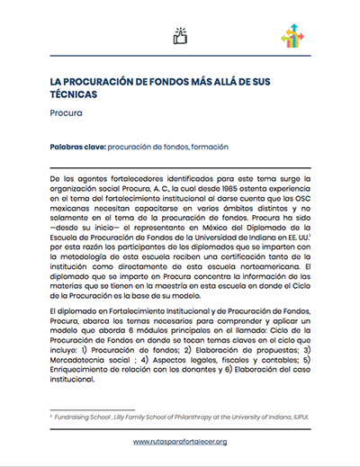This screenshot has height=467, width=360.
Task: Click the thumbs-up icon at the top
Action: point(180,36)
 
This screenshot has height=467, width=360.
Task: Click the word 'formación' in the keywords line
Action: point(208,146)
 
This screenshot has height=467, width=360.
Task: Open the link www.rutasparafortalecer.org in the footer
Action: point(180,442)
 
